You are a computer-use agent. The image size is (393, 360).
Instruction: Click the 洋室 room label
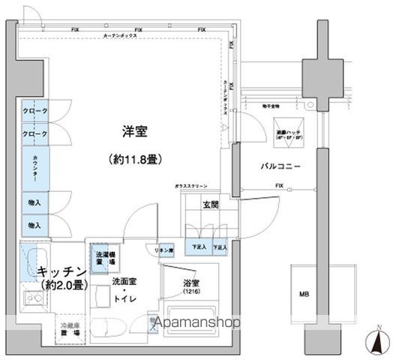coord(135,132)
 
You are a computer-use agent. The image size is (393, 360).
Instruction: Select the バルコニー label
coord(281,166)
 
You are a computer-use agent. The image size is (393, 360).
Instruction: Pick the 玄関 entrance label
coord(209,202)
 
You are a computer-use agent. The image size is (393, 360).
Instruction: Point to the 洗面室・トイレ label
coord(125,288)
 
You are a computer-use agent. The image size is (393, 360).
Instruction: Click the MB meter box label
coord(304,293)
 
